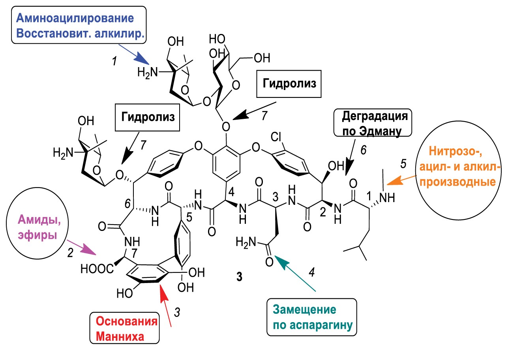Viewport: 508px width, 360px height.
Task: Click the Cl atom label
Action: [x=276, y=137]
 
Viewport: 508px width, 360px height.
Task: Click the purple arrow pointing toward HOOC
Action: [x=81, y=247]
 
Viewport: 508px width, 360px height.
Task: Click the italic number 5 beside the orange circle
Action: [x=403, y=163]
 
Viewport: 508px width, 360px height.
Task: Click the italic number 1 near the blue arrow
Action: [x=114, y=62]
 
